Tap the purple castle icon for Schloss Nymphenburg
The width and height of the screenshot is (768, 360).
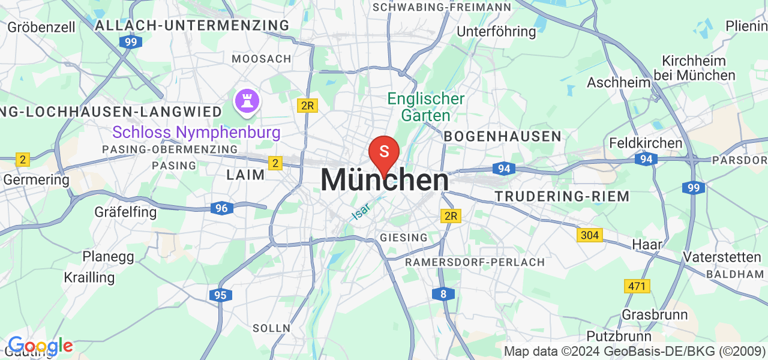(246, 100)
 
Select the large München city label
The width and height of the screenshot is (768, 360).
(385, 179)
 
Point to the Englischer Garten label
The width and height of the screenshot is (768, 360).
(426, 107)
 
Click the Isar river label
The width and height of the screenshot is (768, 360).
(361, 209)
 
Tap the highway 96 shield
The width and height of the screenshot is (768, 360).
(222, 208)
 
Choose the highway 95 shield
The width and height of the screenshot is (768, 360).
(221, 295)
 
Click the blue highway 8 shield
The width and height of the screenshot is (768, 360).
(443, 293)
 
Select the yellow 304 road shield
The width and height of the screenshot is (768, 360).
(590, 235)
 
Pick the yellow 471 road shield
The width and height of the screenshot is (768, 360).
(637, 286)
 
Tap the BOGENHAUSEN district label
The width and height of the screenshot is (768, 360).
(502, 136)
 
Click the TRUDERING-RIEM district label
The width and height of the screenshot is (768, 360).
(562, 196)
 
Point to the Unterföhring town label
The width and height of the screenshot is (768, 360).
(496, 31)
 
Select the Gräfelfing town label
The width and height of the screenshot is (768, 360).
(125, 212)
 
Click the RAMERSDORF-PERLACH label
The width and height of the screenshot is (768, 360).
(475, 262)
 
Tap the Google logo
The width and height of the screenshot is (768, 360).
(40, 346)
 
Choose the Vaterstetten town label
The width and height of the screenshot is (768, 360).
(722, 257)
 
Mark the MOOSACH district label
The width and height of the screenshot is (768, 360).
(262, 59)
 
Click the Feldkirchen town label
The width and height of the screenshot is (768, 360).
(646, 143)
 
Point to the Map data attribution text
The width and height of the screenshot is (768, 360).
(634, 351)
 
